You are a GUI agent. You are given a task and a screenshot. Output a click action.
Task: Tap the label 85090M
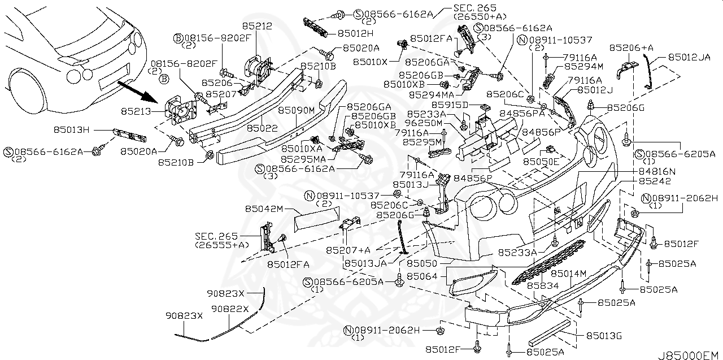pyautogui.click(x=296, y=110)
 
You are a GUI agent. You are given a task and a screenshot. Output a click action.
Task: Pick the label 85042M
pyautogui.click(x=264, y=209)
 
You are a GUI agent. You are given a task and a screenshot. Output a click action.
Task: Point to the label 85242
pyautogui.click(x=655, y=181)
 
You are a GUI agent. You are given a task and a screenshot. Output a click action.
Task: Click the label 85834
pyautogui.click(x=543, y=286)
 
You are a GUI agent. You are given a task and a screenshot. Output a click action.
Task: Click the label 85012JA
pyautogui.click(x=689, y=57)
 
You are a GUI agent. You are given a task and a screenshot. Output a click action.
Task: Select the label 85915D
pyautogui.click(x=450, y=105)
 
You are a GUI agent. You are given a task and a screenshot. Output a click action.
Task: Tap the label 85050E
pyautogui.click(x=541, y=162)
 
